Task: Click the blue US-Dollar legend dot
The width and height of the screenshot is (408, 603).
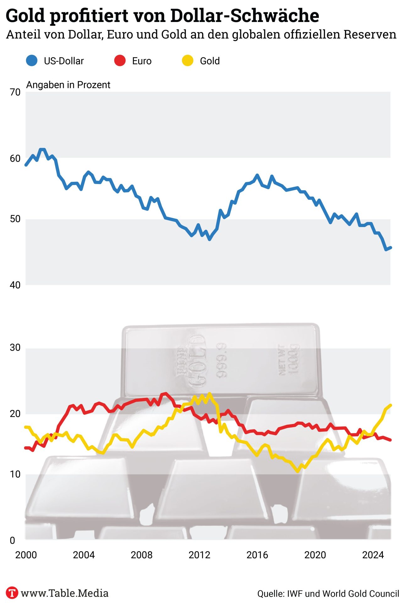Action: click(x=32, y=61)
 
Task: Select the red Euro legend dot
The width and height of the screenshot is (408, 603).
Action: click(x=120, y=61)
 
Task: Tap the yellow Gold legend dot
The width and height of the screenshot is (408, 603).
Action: click(x=188, y=61)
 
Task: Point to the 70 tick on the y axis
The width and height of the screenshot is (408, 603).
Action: click(x=15, y=92)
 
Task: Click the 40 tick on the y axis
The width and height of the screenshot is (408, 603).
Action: click(x=15, y=285)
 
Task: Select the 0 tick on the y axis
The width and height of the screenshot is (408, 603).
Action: click(x=13, y=540)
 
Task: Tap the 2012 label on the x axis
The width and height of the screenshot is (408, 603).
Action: click(x=199, y=555)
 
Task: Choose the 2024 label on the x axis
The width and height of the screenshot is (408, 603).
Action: click(x=373, y=555)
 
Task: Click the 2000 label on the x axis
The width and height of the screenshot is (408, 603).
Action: click(x=26, y=555)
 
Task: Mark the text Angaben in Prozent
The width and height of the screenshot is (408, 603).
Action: click(x=68, y=85)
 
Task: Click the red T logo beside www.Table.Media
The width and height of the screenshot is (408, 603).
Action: click(x=12, y=593)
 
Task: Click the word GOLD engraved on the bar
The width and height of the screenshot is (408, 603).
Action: click(x=197, y=361)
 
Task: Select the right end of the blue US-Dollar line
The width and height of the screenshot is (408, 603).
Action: click(x=390, y=248)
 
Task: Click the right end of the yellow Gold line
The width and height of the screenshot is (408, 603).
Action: click(x=390, y=405)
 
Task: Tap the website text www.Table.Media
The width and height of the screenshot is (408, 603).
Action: click(x=64, y=593)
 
